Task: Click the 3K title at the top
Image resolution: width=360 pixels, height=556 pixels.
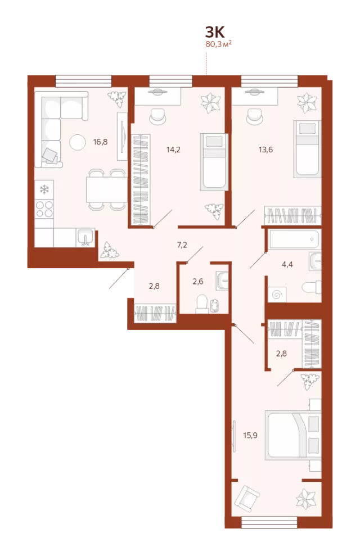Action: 215,32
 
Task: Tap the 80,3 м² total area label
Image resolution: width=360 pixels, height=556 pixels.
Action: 218,44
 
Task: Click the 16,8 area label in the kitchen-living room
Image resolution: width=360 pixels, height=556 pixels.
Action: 100,142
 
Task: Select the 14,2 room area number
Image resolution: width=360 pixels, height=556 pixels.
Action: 173,150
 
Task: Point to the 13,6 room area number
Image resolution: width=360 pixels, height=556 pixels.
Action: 265,150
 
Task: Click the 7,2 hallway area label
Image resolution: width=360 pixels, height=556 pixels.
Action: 182,245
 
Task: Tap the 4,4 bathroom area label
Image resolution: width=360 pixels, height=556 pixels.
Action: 287,264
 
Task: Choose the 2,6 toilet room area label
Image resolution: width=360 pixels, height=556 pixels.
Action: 198,282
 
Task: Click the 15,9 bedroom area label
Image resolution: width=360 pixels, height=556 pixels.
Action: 250,435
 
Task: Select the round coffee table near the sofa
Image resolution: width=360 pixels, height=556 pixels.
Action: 77,142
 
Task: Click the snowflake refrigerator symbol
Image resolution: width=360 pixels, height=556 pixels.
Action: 44,189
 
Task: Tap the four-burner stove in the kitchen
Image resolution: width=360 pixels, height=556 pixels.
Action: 44,209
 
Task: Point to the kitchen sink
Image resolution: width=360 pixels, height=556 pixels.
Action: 85,237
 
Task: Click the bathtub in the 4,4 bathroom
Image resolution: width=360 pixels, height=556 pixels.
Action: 294,239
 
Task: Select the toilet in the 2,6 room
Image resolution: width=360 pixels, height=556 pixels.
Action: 201,304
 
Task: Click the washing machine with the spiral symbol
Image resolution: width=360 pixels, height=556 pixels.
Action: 277,294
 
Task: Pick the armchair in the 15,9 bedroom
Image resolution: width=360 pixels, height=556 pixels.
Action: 247,498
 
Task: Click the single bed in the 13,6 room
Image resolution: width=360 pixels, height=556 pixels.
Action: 307,149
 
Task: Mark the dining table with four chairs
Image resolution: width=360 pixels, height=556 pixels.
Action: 106,189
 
